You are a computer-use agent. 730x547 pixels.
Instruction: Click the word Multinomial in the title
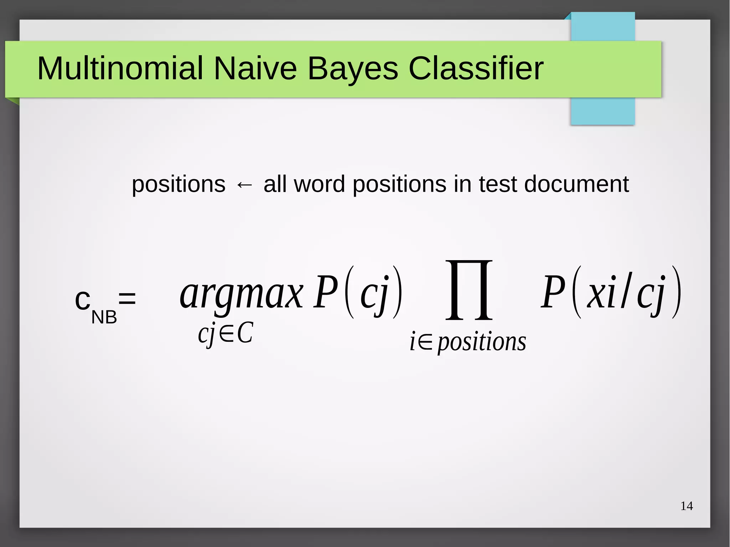tap(120, 68)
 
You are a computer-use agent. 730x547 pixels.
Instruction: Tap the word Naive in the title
tap(255, 68)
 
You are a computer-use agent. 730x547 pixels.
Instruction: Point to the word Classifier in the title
tap(475, 68)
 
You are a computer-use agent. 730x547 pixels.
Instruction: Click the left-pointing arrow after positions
tap(245, 185)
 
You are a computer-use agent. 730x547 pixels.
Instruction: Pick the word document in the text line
tap(576, 184)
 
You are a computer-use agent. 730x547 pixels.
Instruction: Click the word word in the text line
tap(320, 184)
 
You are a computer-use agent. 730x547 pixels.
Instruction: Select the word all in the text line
tap(275, 184)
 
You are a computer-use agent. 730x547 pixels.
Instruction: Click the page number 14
tap(687, 506)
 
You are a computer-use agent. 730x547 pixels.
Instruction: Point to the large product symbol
tap(469, 290)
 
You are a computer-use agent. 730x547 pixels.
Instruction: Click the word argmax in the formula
tap(241, 295)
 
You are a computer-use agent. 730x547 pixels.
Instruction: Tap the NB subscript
tap(104, 317)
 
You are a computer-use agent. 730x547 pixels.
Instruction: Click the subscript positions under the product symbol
tap(482, 342)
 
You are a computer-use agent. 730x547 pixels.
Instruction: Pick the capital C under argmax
tap(245, 334)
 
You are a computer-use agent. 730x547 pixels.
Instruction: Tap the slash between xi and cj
tap(625, 290)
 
